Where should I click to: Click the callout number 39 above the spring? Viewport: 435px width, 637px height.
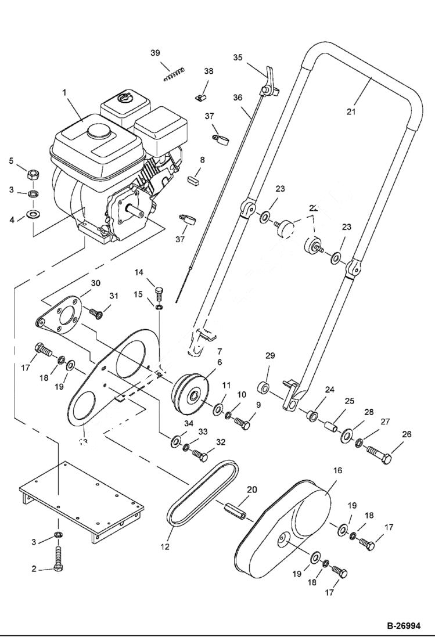tap(155, 53)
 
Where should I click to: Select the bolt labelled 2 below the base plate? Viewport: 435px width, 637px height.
tap(58, 559)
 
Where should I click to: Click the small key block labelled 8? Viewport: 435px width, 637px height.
tap(193, 177)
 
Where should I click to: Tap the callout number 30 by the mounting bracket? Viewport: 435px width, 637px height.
tap(96, 283)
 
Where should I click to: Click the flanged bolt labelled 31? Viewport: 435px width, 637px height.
tap(96, 314)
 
